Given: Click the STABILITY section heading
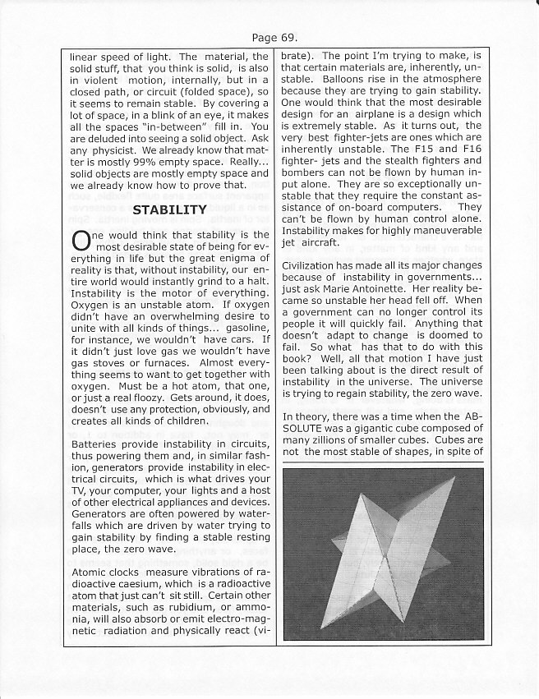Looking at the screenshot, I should pos(169,210).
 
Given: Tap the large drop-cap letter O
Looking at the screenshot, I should pos(81,241).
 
